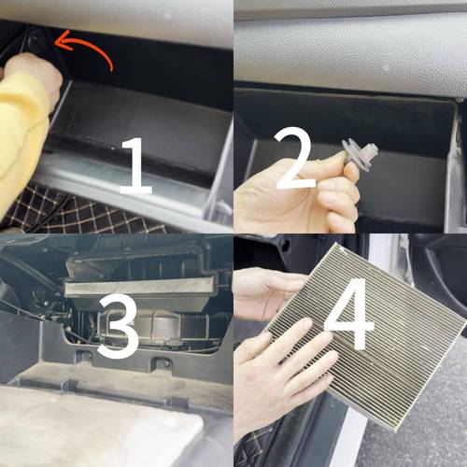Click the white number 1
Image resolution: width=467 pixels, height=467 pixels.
click(x=136, y=166)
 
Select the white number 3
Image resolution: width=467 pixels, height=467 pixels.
click(x=119, y=325)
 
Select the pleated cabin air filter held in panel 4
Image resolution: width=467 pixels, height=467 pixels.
click(x=367, y=336)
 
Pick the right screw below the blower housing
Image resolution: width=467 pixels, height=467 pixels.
click(x=164, y=363)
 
